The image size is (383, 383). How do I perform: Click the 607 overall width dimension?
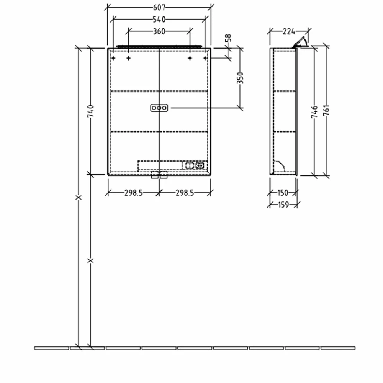tap(159, 8)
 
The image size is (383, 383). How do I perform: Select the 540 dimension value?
tap(159, 19)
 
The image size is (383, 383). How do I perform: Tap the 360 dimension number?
tap(159, 31)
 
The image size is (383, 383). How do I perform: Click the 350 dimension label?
tap(240, 78)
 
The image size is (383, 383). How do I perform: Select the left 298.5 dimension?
tap(133, 193)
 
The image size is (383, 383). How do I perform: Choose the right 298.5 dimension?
tap(185, 193)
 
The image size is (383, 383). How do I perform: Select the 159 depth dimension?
tap(283, 205)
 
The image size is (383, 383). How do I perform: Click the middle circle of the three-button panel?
tap(159, 108)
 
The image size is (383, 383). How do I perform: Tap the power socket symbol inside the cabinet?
tap(199, 165)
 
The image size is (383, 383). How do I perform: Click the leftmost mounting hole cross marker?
tap(113, 58)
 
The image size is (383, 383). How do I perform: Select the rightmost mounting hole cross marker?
tap(205, 58)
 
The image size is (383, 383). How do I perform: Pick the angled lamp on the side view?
tap(301, 42)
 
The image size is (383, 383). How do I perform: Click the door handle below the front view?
tap(159, 175)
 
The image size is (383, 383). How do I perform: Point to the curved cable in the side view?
tap(281, 164)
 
